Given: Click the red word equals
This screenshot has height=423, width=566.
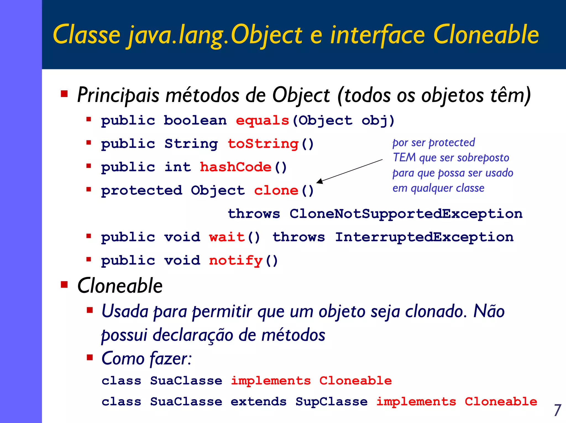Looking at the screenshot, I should coord(262,121).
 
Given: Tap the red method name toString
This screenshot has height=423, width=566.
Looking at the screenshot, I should coord(263,144).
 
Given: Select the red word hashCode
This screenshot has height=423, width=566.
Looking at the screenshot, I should coord(235,167).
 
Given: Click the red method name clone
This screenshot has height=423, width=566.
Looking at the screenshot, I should coord(276,191).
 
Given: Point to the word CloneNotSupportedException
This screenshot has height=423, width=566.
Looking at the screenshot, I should coord(406,214).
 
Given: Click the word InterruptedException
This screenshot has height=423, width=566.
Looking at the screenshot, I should coord(424,237).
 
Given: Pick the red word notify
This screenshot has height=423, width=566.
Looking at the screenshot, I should coord(235,261).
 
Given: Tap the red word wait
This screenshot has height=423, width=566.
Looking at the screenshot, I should coord(227,237).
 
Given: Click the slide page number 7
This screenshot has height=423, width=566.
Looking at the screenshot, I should coord(557,410).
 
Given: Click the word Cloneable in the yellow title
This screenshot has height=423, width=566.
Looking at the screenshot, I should coord(486,35).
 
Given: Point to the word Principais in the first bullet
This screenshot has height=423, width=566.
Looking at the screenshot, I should coord(118,95).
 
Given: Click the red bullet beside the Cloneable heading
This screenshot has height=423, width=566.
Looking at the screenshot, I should coord(64,284).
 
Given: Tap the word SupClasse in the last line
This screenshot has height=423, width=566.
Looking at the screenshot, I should coord(331,402).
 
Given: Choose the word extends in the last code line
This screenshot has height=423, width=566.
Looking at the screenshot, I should coord(258,402).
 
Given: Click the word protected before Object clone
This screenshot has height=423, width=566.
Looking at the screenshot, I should coord(141,191).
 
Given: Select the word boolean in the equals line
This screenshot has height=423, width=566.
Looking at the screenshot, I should coord(195,121).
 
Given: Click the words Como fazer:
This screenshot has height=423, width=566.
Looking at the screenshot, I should coord(146,359).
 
